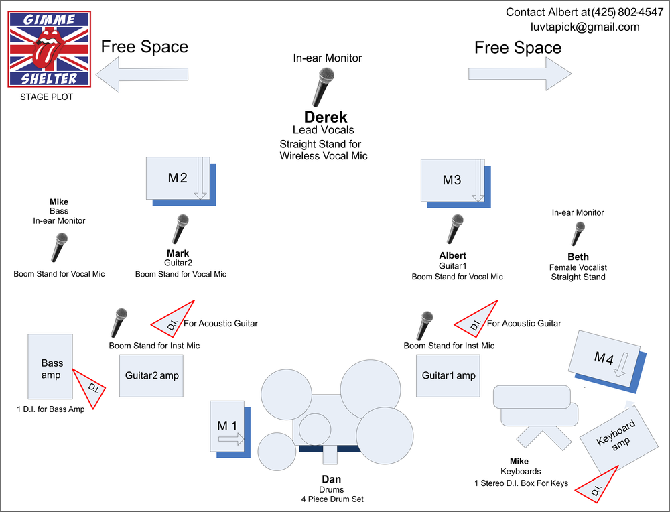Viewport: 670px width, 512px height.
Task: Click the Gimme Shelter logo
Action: click(50, 49)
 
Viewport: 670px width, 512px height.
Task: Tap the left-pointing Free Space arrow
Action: click(142, 74)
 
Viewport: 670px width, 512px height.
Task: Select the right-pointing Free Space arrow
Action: click(520, 74)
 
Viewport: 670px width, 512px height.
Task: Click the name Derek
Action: click(326, 117)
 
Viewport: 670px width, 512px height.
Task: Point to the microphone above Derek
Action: click(323, 87)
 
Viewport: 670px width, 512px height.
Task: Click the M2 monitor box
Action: click(181, 181)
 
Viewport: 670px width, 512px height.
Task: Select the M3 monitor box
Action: click(456, 184)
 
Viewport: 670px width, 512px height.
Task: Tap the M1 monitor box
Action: click(230, 429)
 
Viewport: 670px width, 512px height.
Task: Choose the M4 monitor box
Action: click(607, 362)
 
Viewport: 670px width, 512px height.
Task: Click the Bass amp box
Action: click(50, 367)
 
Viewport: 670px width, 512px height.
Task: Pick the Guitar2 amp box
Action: click(151, 376)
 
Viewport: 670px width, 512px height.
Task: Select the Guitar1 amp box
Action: click(448, 376)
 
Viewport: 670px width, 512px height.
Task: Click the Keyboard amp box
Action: click(618, 438)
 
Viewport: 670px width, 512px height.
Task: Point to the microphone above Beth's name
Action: click(578, 234)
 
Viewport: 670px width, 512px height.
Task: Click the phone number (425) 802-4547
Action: click(627, 12)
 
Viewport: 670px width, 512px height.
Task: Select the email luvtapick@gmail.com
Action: click(585, 27)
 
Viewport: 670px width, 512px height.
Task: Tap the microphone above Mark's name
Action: click(180, 229)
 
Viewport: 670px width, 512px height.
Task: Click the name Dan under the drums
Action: click(331, 479)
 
